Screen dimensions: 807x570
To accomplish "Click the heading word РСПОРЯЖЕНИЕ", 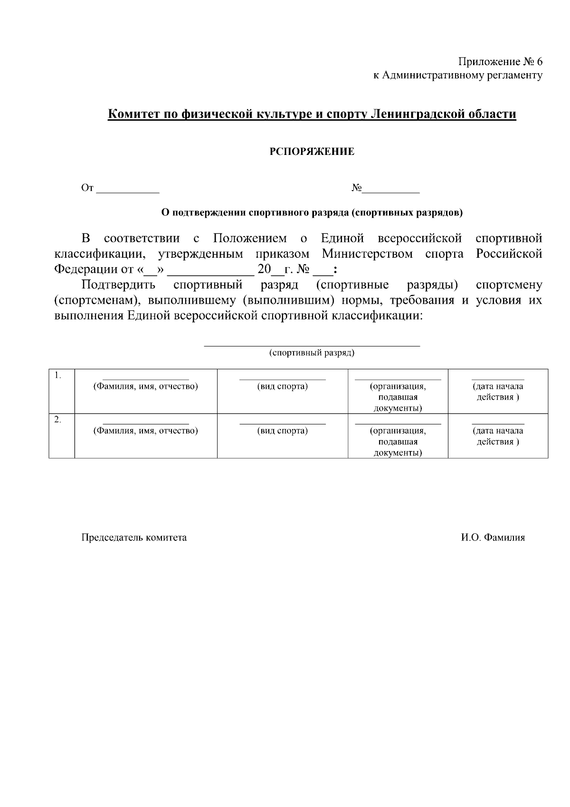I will tap(312, 152).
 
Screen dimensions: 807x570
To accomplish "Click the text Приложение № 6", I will tap(500, 62).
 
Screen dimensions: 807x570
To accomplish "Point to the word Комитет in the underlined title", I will tap(133, 115).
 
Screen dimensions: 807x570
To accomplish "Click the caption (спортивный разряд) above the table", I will tap(312, 353).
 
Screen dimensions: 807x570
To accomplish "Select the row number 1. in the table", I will tap(58, 375).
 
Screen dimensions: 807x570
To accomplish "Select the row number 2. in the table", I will tap(58, 420).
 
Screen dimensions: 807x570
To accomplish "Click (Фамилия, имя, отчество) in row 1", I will tap(146, 386).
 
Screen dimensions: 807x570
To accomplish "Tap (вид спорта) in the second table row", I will tap(283, 431).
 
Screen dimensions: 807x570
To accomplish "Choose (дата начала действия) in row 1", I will tap(498, 392).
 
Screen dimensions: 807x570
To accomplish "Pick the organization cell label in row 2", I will tap(398, 442).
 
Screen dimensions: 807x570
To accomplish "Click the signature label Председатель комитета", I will tap(134, 538).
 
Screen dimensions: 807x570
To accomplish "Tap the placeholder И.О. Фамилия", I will tap(493, 538).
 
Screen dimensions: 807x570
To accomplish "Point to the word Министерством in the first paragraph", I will tap(367, 254).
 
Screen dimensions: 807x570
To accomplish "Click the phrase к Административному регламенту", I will tap(457, 76).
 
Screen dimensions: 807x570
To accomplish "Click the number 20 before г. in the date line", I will tap(264, 269).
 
